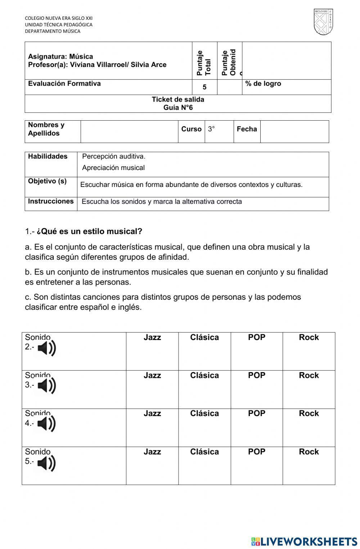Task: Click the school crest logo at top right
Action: click(x=323, y=22)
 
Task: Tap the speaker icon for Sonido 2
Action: click(x=47, y=348)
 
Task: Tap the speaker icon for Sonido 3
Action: click(x=47, y=386)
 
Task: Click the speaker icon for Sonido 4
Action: click(x=47, y=424)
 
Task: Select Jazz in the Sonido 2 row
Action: click(x=152, y=338)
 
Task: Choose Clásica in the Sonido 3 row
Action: click(x=204, y=375)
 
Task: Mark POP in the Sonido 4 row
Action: click(x=257, y=414)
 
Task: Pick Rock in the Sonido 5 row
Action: click(x=309, y=452)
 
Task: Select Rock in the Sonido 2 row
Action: click(x=309, y=338)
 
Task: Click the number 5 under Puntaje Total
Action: click(x=204, y=87)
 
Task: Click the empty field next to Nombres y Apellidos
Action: click(x=129, y=131)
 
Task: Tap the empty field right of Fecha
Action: click(x=294, y=131)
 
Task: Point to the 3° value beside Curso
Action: click(x=211, y=129)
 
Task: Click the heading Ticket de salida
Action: click(x=178, y=99)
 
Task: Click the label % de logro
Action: click(x=263, y=84)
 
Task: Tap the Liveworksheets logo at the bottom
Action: click(x=304, y=541)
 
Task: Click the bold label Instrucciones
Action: click(x=51, y=201)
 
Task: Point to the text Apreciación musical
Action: click(x=113, y=168)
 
